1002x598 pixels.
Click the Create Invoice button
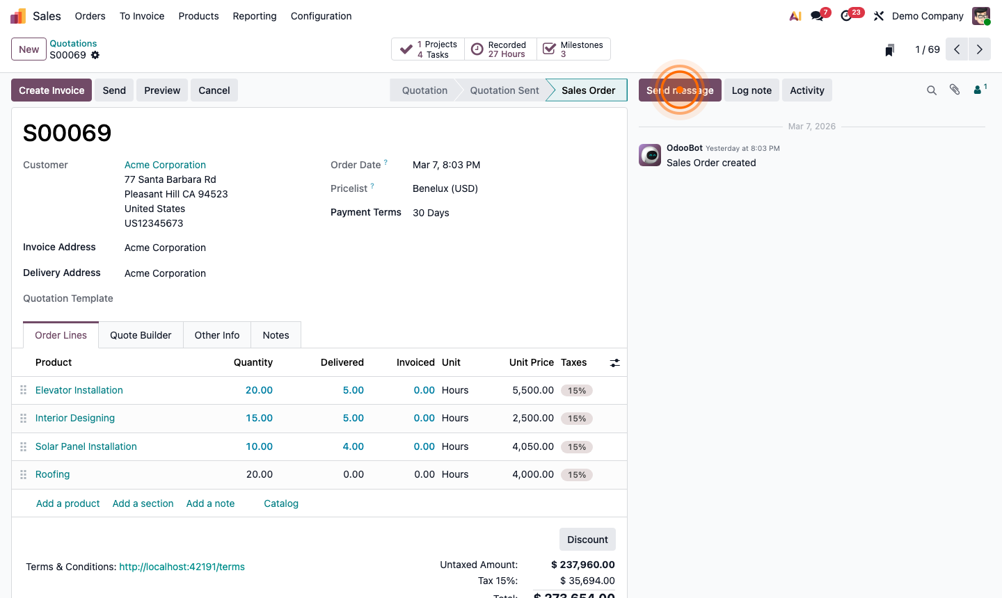(51, 90)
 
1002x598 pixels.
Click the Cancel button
(214, 90)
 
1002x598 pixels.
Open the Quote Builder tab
(141, 335)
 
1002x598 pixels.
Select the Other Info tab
(217, 335)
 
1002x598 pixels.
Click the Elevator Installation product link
(79, 390)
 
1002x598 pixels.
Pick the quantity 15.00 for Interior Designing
(259, 418)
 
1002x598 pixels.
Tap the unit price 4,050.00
(533, 446)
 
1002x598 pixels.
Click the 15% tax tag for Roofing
(577, 475)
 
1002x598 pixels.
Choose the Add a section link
(143, 503)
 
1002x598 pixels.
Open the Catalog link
(281, 503)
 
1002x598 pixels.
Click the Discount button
(587, 540)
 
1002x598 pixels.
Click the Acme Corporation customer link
(165, 165)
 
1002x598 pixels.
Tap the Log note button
(751, 90)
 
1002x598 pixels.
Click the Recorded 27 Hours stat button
(500, 49)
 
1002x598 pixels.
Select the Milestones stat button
(574, 49)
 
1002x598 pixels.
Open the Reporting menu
(255, 16)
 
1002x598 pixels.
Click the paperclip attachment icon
(955, 90)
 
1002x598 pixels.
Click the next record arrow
(980, 49)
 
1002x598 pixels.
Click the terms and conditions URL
(182, 567)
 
